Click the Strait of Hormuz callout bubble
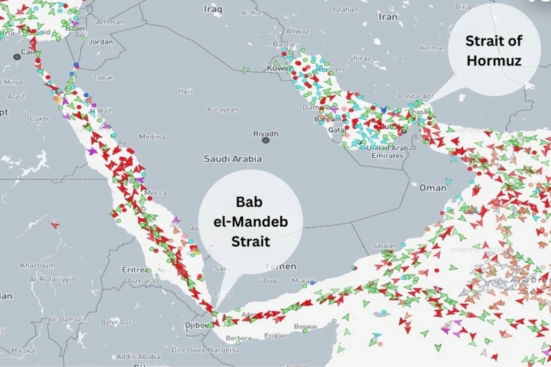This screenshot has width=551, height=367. point(493,51)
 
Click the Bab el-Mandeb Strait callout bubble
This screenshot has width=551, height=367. point(250,222)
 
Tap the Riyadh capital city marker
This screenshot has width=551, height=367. point(265,140)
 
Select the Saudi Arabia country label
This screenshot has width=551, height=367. point(233,159)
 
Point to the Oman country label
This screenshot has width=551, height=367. point(432,188)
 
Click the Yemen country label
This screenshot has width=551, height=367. point(280,266)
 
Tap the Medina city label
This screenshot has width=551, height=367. point(152,137)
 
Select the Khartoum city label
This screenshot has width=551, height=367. point(37,265)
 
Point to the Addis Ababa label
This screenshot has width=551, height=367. point(138,356)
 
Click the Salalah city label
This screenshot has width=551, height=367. point(385,246)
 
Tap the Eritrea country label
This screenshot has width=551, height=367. point(136,270)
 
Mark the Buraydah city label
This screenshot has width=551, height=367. point(222,109)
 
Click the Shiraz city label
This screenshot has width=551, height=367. point(359,58)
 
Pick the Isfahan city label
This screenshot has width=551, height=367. point(345,10)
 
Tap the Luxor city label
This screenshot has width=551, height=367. point(39,118)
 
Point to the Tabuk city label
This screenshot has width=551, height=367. point(103,78)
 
